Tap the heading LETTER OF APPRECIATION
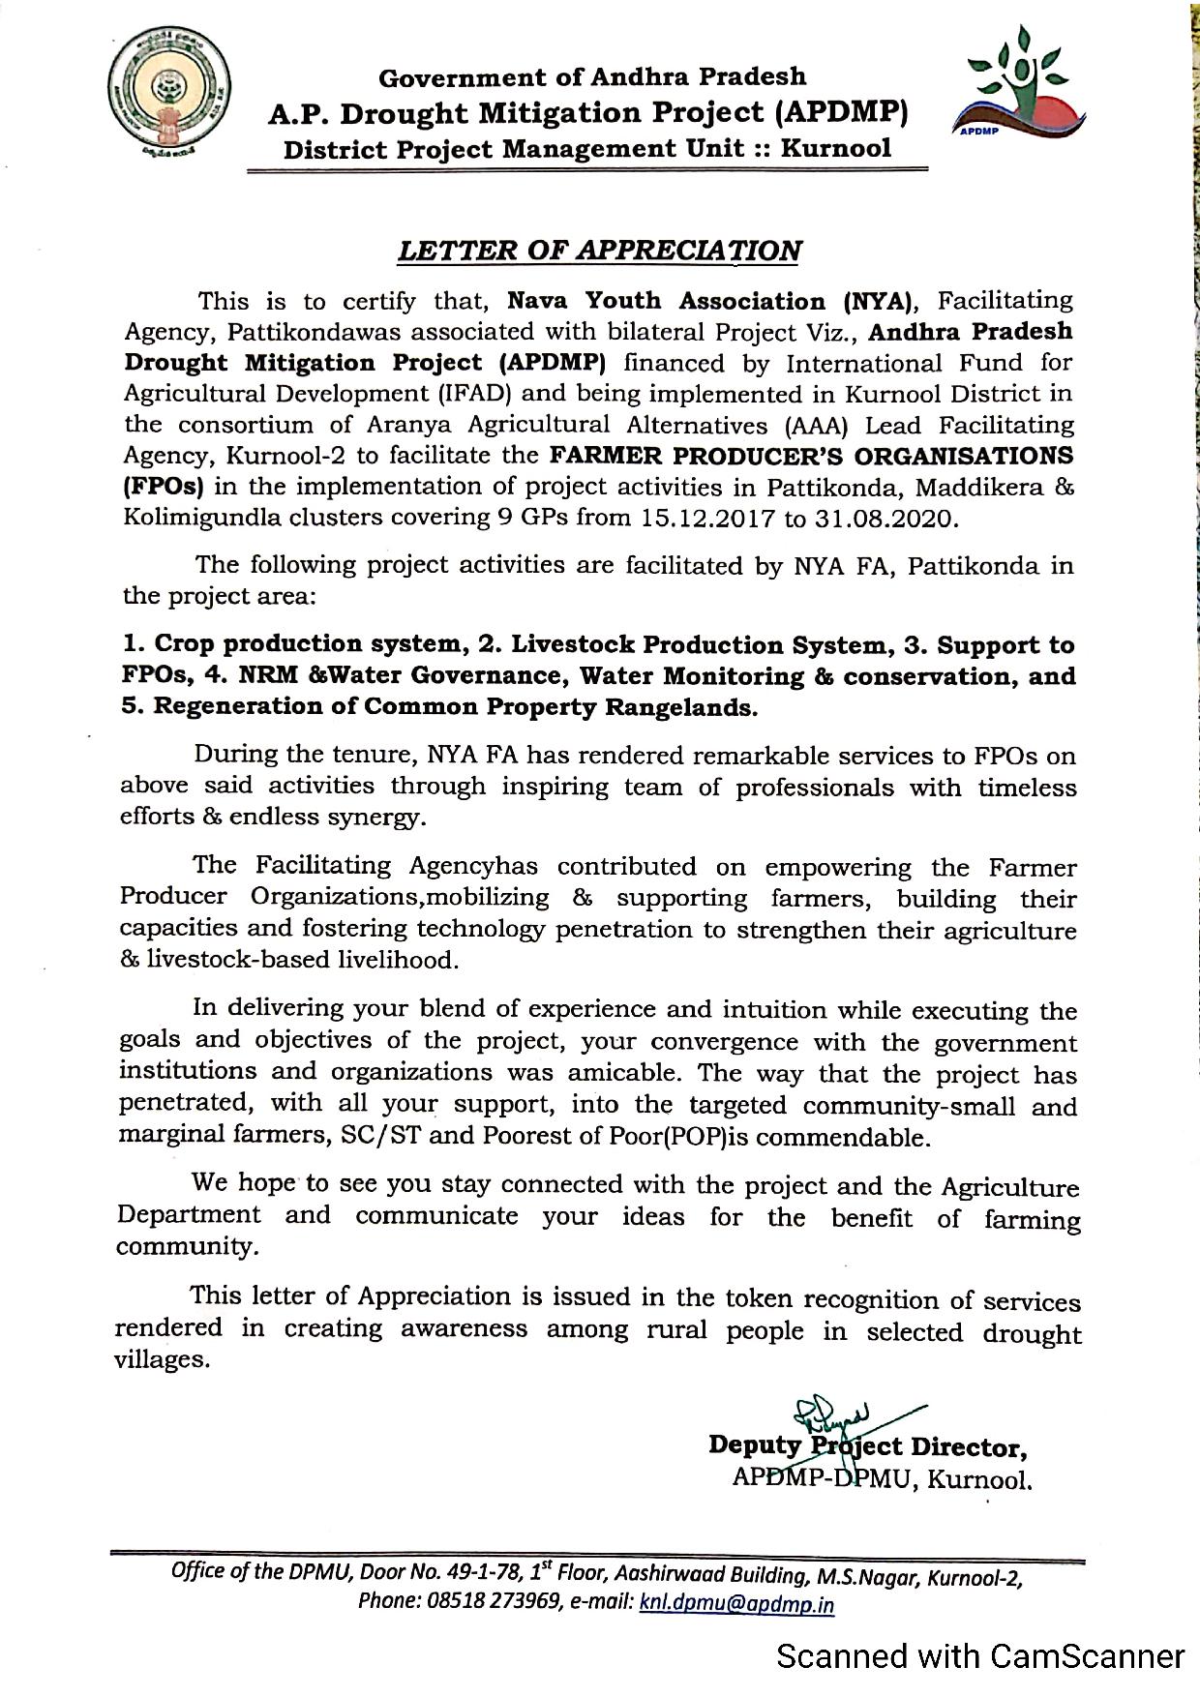point(600,250)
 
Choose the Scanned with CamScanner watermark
point(980,1656)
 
